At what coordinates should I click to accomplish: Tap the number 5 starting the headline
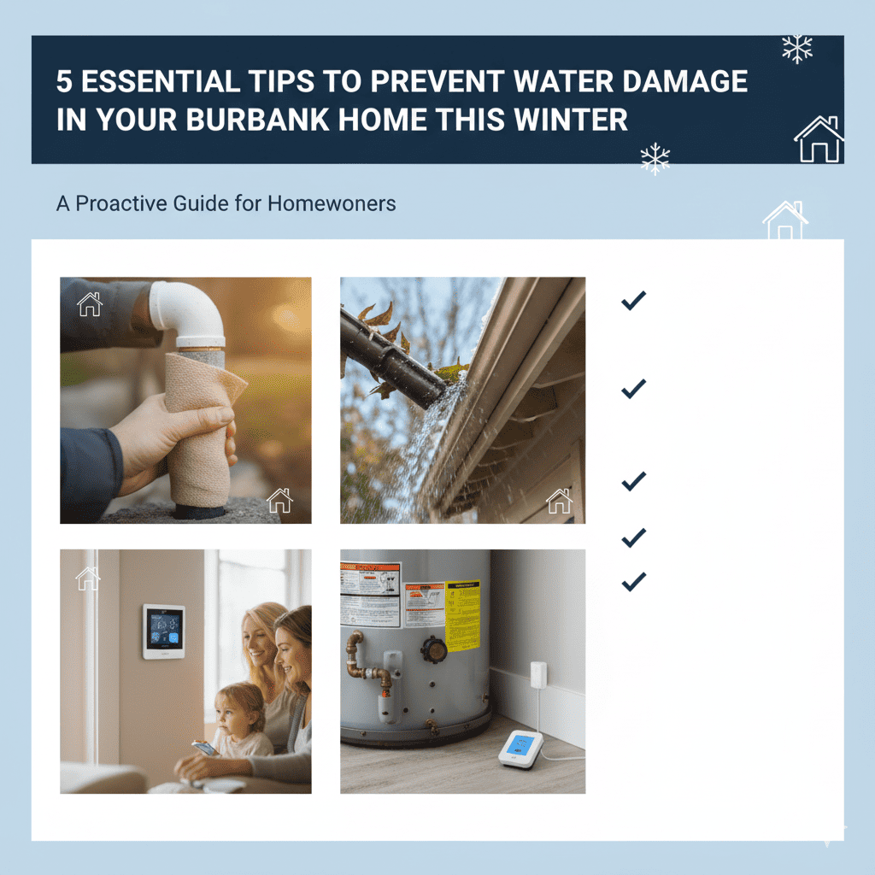pyautogui.click(x=66, y=82)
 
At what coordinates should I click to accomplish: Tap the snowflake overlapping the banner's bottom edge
pyautogui.click(x=655, y=159)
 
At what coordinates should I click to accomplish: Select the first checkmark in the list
pyautogui.click(x=633, y=300)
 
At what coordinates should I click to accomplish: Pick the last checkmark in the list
pyautogui.click(x=633, y=582)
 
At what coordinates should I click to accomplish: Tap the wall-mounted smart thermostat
pyautogui.click(x=163, y=631)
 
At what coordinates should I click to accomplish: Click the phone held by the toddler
pyautogui.click(x=204, y=748)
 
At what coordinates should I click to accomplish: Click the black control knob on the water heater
pyautogui.click(x=433, y=649)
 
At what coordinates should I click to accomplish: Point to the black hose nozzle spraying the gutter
pyautogui.click(x=389, y=359)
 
